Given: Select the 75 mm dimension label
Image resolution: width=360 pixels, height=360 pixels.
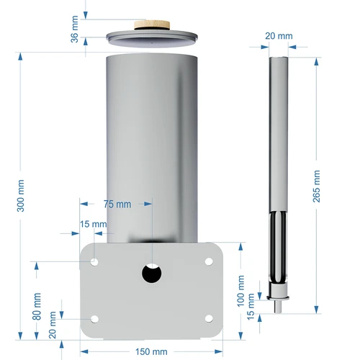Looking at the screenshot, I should (x=117, y=204).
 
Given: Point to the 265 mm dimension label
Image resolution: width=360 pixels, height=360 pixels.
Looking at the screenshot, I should (x=317, y=186).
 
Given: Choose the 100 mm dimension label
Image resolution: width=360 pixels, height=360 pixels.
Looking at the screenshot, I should (x=240, y=289).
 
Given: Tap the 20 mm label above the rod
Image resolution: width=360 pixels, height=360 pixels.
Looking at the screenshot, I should (x=279, y=36).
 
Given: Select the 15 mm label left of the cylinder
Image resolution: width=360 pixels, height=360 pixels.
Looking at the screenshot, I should (x=94, y=224).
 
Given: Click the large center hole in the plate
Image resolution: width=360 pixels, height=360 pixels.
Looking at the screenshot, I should (x=151, y=274).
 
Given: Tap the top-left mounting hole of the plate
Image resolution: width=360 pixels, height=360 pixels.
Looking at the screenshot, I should (x=94, y=261).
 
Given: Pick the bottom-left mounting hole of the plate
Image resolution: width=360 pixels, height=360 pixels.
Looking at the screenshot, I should (x=94, y=318).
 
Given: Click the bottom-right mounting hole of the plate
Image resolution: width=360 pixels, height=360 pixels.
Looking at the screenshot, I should (x=209, y=318).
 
